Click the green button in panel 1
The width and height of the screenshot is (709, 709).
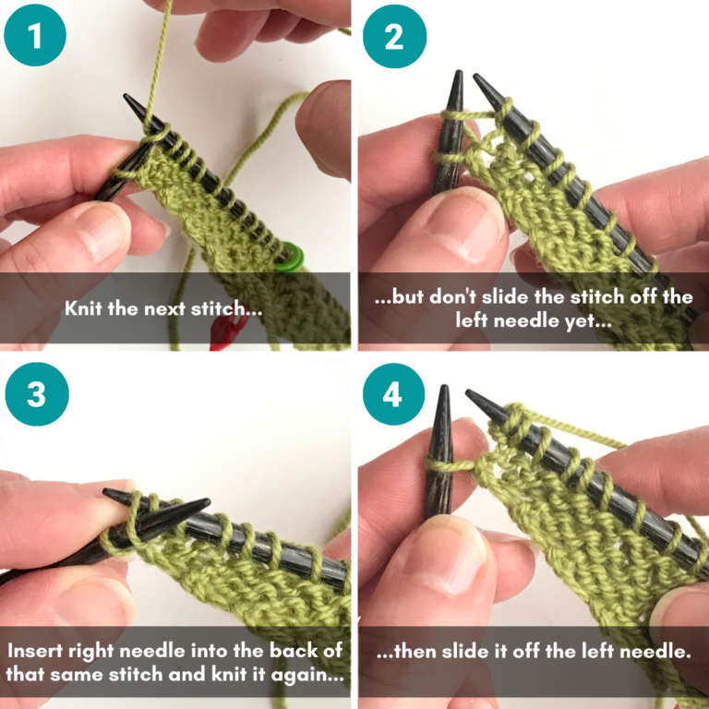294,252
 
